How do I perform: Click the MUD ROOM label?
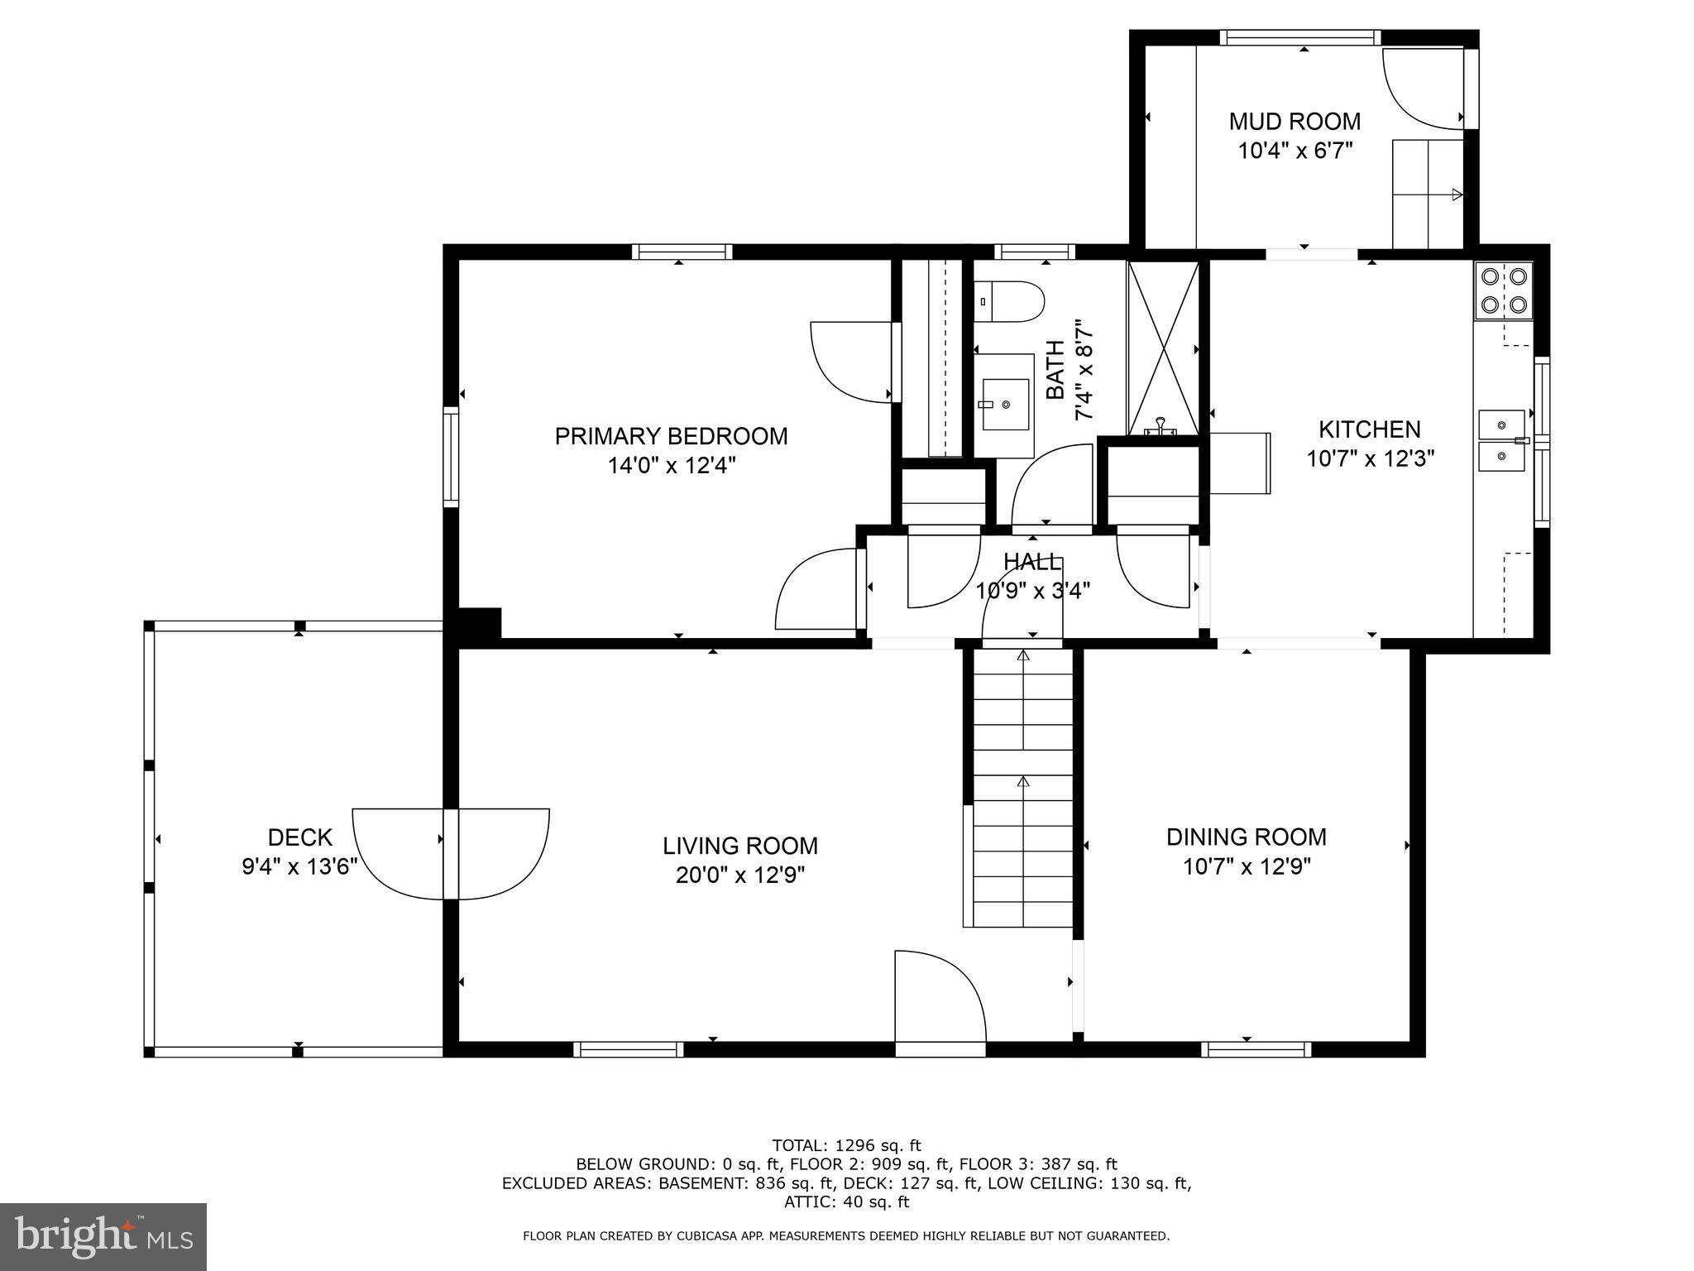pos(1294,122)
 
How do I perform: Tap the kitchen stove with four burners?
pos(1503,290)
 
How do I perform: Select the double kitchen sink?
pos(1502,440)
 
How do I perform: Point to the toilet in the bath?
pos(1008,303)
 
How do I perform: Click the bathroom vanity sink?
pos(1005,405)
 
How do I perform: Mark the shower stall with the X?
pos(1162,348)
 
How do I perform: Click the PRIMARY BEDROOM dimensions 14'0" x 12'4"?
pos(671,466)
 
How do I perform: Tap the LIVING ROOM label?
pos(739,846)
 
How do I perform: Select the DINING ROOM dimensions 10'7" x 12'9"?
pos(1246,866)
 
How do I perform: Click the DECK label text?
pos(299,837)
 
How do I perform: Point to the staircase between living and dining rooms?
pos(1022,786)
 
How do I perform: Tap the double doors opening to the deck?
pos(451,852)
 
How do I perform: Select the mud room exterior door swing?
pos(1421,89)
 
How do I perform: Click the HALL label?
pos(1031,563)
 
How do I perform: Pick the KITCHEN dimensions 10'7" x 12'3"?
pos(1369,458)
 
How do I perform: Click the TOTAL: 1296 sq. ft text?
pos(846,1146)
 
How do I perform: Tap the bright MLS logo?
pos(103,1237)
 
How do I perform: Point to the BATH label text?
pos(1055,370)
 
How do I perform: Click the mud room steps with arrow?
pos(1427,194)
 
